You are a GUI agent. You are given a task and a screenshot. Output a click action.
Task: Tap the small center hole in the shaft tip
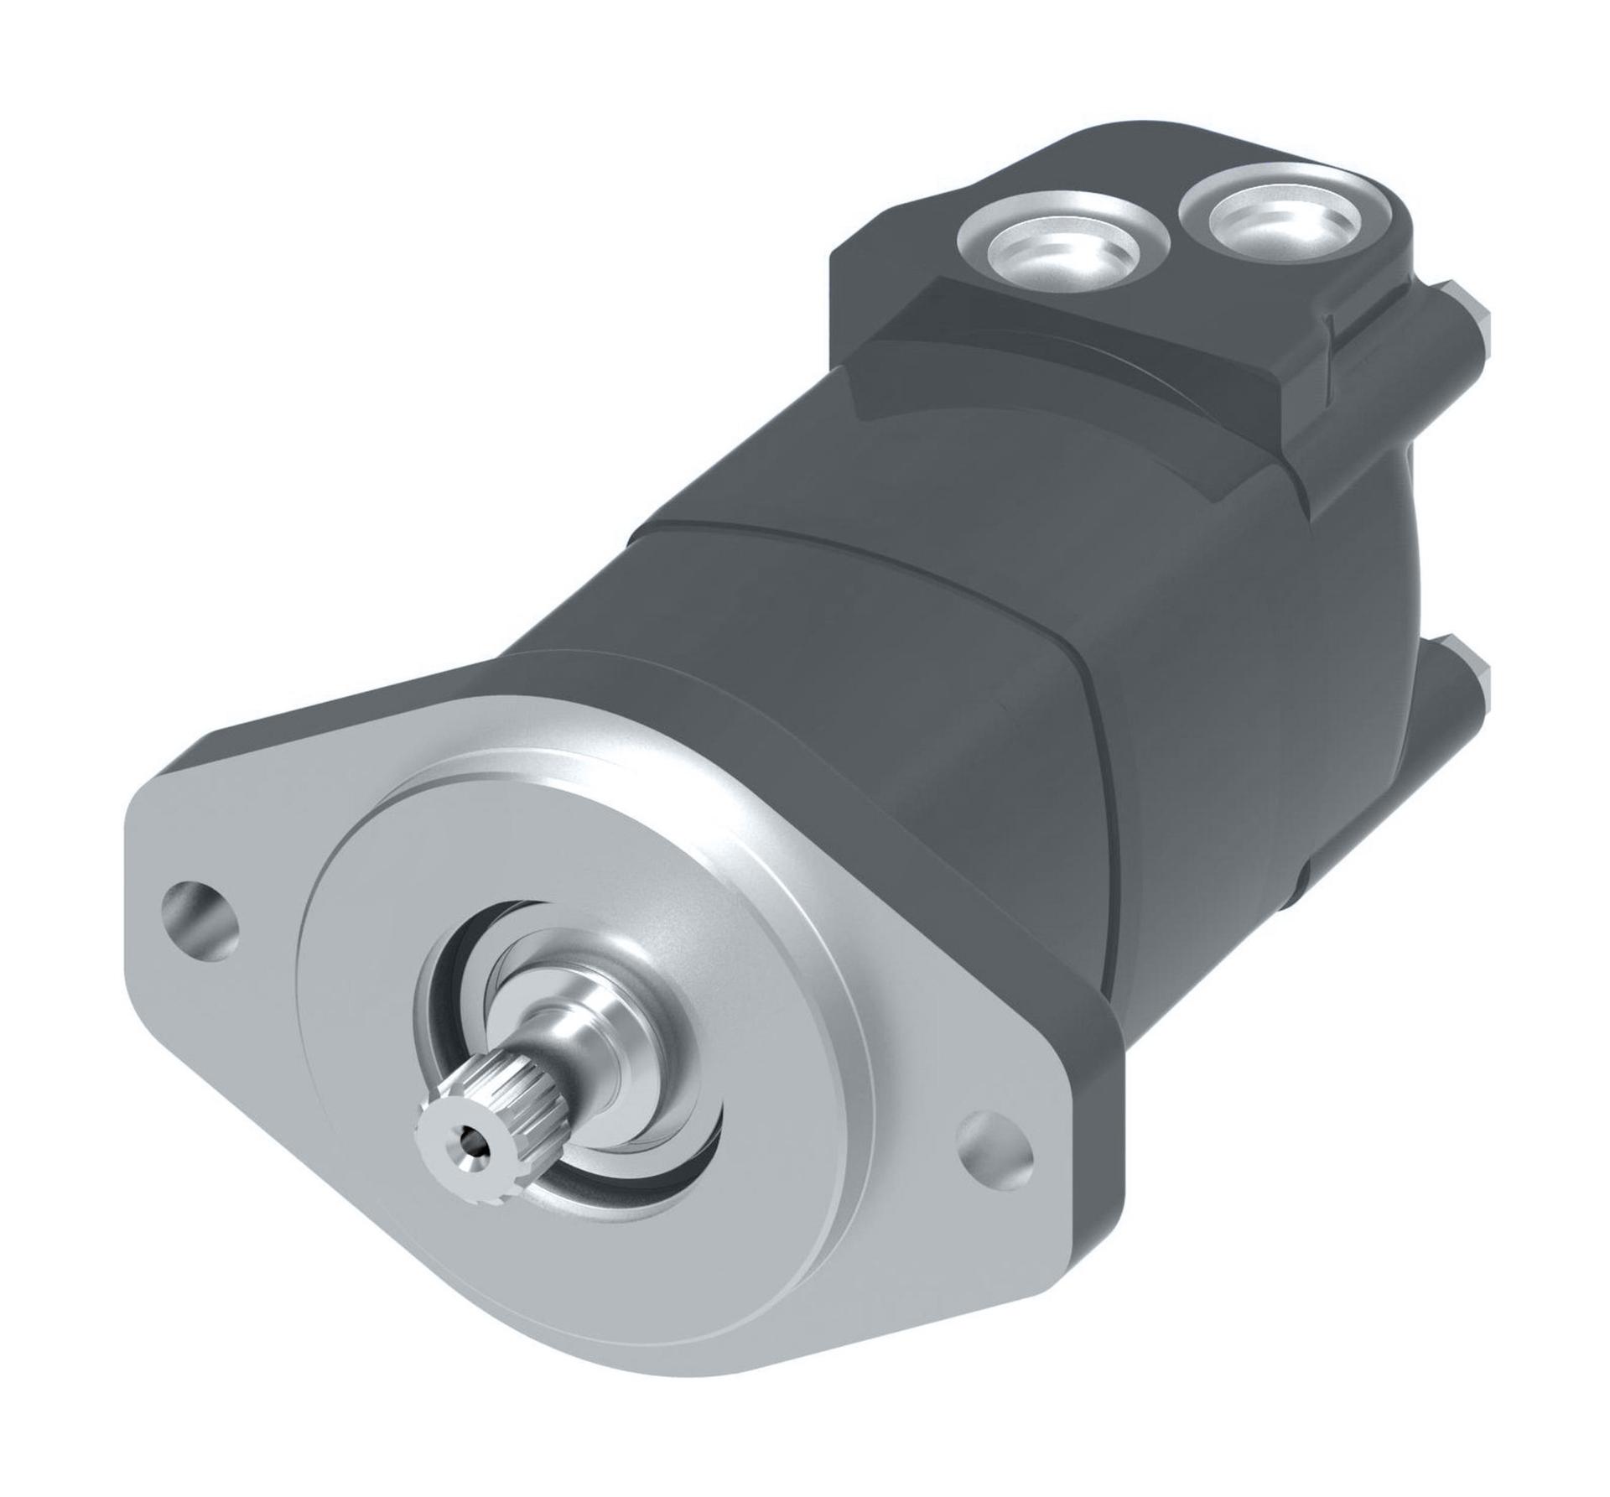coord(475,1138)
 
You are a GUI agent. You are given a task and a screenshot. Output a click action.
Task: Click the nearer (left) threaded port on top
coord(1062,247)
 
